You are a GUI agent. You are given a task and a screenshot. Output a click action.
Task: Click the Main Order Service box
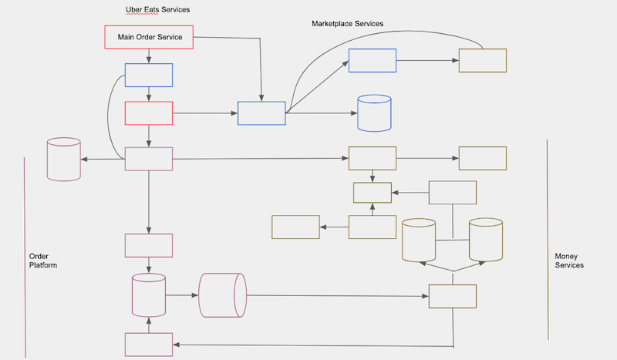point(148,37)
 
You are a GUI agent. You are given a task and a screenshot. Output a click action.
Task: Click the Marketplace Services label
point(347,24)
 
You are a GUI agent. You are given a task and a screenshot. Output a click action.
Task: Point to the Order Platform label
point(43,261)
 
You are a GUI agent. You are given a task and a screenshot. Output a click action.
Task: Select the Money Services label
point(569,261)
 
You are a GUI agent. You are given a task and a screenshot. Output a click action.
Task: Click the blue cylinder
point(374,113)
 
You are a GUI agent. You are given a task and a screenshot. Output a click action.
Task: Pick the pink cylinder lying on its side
point(222,294)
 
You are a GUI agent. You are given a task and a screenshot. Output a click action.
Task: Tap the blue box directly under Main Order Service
point(149,76)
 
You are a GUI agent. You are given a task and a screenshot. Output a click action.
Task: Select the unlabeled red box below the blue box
point(149,113)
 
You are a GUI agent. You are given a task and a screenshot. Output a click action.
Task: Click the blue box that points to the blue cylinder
point(261,113)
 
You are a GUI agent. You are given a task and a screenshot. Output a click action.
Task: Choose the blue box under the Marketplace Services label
point(373,60)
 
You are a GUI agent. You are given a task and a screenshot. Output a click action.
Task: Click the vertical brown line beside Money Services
point(547,239)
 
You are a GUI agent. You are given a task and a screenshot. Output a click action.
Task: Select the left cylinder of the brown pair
point(419,240)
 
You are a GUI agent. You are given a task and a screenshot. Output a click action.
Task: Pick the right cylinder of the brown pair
point(486,239)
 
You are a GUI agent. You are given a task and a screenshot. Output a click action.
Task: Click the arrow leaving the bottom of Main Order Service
point(149,56)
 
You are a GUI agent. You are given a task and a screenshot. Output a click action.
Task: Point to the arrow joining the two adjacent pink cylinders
point(182,294)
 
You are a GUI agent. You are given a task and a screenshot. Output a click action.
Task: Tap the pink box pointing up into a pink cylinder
point(148,345)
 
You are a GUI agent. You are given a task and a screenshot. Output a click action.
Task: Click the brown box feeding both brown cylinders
point(453,296)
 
